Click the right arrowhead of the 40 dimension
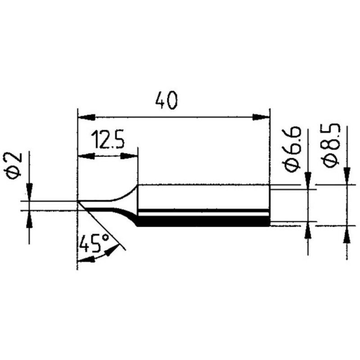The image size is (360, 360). click(260, 117)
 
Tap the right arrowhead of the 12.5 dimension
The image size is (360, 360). click(130, 156)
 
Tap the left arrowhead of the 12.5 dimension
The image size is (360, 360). click(85, 156)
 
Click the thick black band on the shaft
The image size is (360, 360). click(202, 221)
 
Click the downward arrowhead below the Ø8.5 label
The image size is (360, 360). click(347, 175)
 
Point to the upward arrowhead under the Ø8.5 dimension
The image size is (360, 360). click(347, 234)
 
